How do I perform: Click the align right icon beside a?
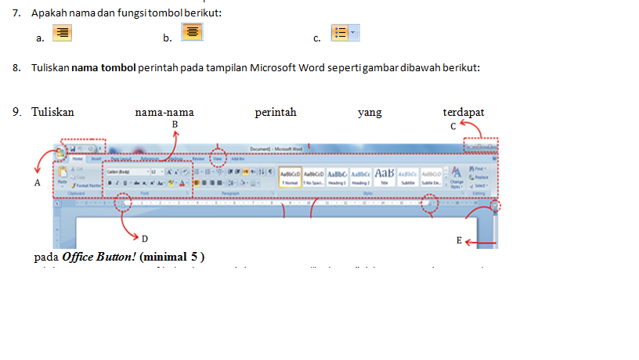pos(62,33)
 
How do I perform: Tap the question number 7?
pos(16,13)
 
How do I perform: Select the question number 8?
pos(16,67)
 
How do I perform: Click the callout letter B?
pos(175,124)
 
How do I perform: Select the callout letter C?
pos(453,125)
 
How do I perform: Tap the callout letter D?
pos(145,238)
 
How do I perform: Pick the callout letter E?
pos(460,241)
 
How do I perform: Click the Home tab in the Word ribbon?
pos(78,158)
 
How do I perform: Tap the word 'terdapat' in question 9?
pos(464,113)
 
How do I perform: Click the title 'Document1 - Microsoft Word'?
pos(276,148)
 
